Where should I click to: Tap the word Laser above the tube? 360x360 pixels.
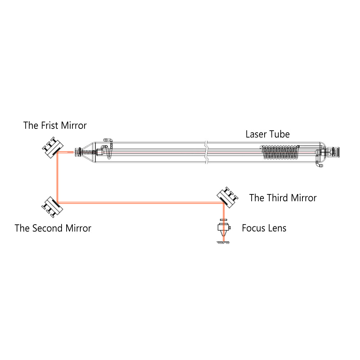(256, 135)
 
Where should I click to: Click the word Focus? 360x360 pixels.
(254, 228)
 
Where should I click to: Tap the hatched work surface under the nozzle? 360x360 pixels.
(223, 243)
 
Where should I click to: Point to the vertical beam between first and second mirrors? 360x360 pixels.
(58, 176)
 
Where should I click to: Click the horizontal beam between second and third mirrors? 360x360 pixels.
(140, 203)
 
